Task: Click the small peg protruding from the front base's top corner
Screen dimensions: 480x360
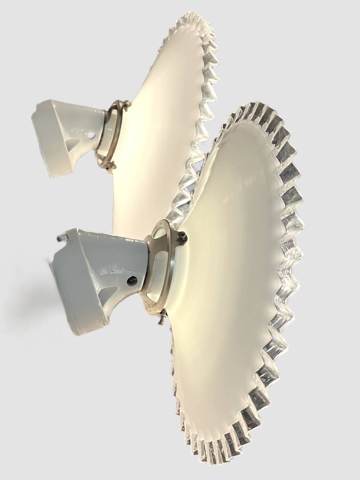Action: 60,237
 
